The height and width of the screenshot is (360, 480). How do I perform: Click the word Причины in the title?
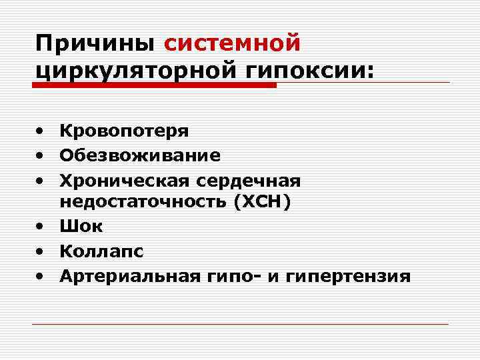point(96,44)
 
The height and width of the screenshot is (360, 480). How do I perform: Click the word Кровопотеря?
point(124,131)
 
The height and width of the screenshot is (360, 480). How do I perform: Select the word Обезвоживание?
point(140,155)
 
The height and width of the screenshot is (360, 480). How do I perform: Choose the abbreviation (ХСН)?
point(262,203)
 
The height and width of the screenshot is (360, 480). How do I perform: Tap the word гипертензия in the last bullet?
point(347,275)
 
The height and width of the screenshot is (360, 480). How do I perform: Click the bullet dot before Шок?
point(41,227)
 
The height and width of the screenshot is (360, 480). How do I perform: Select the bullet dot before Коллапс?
point(41,251)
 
